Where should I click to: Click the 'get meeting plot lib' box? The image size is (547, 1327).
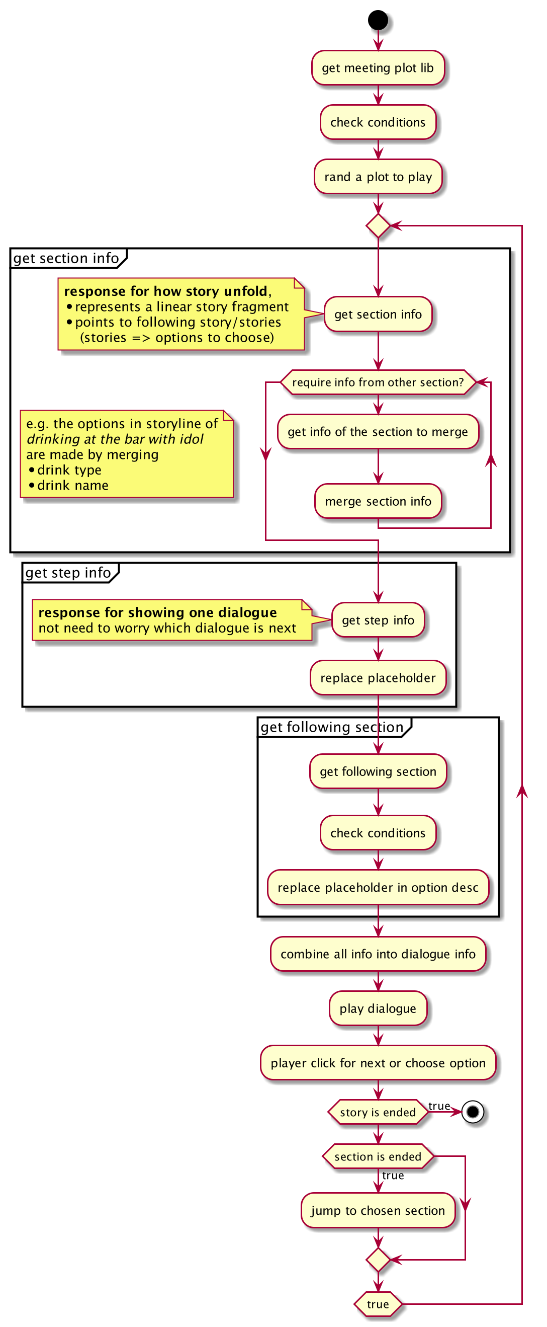(378, 67)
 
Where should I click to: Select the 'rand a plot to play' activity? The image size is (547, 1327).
(378, 177)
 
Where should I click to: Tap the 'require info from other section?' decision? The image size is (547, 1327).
(378, 382)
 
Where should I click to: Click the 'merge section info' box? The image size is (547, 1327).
(378, 501)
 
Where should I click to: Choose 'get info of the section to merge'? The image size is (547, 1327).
(378, 432)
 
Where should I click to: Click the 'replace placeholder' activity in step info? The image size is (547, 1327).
(378, 677)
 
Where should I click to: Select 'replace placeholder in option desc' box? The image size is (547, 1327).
(378, 887)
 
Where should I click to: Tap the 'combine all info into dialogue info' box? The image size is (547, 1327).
(378, 954)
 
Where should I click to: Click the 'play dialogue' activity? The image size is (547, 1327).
(378, 1008)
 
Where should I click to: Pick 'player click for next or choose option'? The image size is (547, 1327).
(378, 1063)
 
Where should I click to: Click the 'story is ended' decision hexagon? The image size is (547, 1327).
(378, 1112)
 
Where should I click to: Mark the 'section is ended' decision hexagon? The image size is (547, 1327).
(378, 1156)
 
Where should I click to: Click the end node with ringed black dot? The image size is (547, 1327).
(473, 1112)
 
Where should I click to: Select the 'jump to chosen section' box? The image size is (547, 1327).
(378, 1210)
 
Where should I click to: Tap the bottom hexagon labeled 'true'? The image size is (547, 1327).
(378, 1304)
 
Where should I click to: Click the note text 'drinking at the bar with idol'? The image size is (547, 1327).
(115, 439)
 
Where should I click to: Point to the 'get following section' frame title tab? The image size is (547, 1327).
(332, 727)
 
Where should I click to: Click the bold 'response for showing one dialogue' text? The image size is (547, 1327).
(157, 612)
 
